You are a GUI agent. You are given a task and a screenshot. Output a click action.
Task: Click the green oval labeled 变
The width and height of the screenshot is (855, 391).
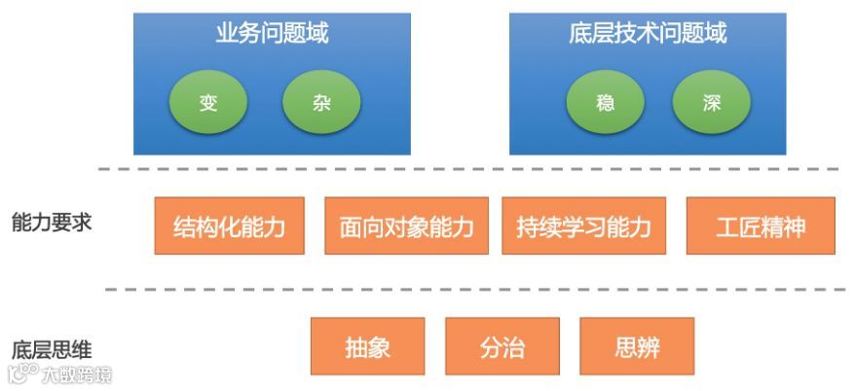208,103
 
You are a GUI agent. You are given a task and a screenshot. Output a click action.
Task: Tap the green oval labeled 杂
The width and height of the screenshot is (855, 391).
321,103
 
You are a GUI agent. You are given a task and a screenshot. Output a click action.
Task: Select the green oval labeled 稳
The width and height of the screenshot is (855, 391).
606,103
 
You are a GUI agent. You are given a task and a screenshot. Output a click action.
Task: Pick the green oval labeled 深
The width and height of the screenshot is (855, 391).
712,103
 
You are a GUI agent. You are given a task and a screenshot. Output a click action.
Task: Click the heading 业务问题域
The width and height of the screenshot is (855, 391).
272,34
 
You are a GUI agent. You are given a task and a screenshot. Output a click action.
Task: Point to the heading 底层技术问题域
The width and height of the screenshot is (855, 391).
648,34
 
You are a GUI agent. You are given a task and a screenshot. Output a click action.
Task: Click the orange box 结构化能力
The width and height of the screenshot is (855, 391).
230,227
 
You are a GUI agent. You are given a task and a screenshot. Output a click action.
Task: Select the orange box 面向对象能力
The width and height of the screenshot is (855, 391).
407,227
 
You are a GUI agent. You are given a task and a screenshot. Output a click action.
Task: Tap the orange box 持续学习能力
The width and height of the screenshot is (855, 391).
584,227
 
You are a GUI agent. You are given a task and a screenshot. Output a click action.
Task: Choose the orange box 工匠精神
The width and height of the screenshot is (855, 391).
761,227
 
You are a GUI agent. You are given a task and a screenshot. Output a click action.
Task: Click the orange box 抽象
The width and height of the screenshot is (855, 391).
368,347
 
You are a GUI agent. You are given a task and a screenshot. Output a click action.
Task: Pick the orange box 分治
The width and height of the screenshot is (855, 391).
502,347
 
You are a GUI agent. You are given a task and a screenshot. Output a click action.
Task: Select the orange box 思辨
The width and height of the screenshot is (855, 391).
637,347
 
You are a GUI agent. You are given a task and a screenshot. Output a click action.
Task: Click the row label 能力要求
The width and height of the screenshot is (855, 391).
52,222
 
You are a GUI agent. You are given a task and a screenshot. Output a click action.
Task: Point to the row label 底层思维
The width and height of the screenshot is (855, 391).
52,350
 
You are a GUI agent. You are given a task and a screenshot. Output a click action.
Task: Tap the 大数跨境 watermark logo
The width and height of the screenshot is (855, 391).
60,374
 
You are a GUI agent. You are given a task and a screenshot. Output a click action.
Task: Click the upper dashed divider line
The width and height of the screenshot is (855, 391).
467,169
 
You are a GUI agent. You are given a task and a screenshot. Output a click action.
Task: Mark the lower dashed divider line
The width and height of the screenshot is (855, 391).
467,290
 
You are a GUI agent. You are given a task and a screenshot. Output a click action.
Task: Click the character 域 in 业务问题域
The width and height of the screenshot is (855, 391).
316,34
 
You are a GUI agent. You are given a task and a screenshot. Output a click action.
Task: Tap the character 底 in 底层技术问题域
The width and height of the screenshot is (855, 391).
580,34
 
